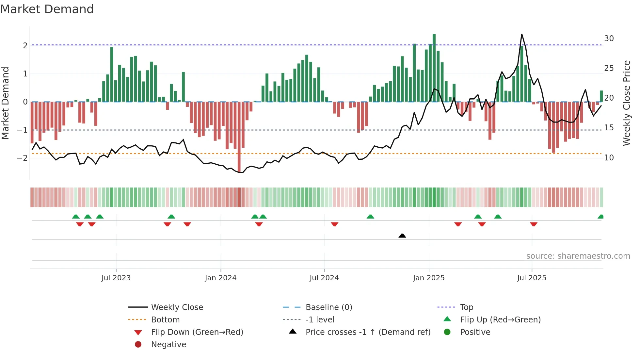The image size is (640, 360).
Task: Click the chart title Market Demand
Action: click(x=47, y=9)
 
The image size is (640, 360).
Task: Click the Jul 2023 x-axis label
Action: click(x=116, y=278)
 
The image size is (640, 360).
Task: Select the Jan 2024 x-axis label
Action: click(x=220, y=278)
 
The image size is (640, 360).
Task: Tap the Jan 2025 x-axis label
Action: click(x=428, y=278)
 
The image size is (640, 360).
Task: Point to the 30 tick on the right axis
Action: click(x=609, y=39)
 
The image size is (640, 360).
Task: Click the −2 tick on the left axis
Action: click(x=22, y=158)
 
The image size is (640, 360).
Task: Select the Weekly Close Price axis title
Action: click(x=626, y=103)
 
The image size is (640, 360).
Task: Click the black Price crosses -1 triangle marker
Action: click(x=402, y=236)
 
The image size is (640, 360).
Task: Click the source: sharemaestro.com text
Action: click(x=578, y=256)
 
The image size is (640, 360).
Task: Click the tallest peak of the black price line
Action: click(x=521, y=34)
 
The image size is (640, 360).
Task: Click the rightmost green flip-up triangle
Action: click(x=600, y=217)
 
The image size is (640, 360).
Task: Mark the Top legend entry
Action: click(x=466, y=307)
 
